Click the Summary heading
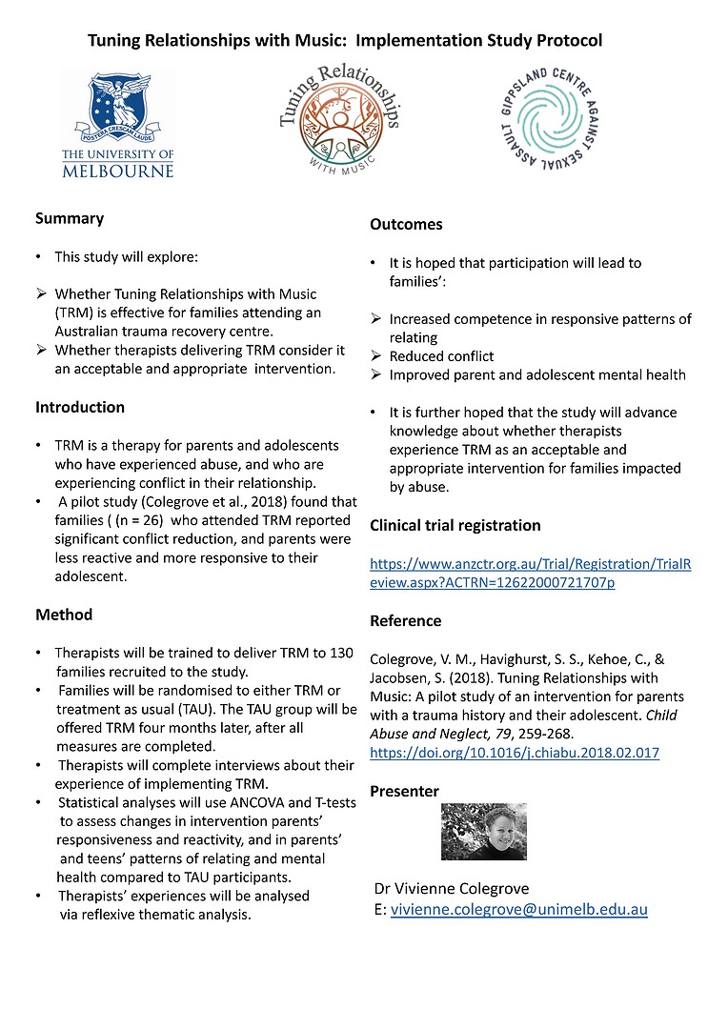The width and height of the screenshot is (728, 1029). tap(70, 218)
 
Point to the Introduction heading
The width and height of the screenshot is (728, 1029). tap(80, 407)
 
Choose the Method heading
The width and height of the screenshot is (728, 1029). tap(64, 615)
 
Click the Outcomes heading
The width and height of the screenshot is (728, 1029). tap(406, 225)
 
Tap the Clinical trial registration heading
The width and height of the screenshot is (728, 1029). tap(455, 525)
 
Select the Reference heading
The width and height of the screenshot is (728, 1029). tap(405, 620)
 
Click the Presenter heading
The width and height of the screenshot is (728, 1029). tap(404, 791)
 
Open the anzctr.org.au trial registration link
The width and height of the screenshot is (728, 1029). tap(530, 573)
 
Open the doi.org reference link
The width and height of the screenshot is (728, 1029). tap(514, 753)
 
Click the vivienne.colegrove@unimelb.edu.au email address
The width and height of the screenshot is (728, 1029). tap(518, 909)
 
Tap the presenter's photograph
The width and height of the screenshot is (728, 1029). tap(483, 832)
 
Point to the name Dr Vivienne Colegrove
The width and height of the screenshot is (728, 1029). tap(452, 888)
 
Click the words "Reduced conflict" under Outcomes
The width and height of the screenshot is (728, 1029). tap(441, 355)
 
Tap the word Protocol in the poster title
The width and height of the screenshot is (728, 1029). tap(567, 41)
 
